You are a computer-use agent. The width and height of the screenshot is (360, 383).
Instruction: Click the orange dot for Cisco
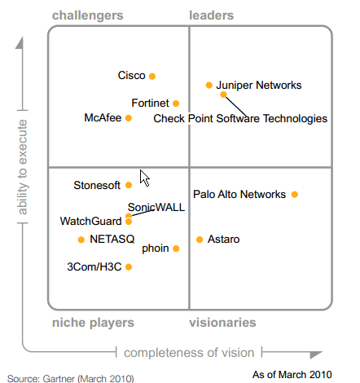click(152, 76)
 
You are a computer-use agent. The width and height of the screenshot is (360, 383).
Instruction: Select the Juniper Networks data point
click(209, 86)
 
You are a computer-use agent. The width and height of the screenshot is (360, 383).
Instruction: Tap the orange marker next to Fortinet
click(176, 103)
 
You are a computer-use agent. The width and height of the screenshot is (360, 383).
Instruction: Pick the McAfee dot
click(129, 118)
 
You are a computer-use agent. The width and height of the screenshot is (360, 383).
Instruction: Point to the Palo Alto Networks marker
click(295, 195)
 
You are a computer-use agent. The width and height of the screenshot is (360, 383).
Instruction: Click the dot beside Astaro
click(200, 240)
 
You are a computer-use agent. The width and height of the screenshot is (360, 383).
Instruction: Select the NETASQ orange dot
click(81, 240)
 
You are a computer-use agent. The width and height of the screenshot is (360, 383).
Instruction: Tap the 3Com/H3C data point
click(129, 267)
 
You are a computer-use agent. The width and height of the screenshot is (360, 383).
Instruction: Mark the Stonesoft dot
click(129, 185)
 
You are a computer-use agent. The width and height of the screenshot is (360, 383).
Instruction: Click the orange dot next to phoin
click(176, 249)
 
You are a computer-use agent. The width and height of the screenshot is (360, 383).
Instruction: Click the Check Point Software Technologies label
click(240, 119)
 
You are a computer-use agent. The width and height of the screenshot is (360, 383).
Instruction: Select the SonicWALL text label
click(156, 208)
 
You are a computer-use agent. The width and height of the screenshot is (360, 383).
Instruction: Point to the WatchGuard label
click(90, 222)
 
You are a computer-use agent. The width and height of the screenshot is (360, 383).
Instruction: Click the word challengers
click(88, 15)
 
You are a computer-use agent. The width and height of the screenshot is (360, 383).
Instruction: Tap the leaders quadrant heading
click(212, 15)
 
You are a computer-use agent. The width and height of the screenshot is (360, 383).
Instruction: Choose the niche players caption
click(93, 323)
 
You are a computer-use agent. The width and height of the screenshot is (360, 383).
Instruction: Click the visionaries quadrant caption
click(222, 323)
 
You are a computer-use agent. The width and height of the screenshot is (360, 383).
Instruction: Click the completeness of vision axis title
click(189, 353)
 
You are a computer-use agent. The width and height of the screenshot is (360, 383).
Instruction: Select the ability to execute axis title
click(23, 167)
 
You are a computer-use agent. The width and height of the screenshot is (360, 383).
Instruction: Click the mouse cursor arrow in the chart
click(144, 178)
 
